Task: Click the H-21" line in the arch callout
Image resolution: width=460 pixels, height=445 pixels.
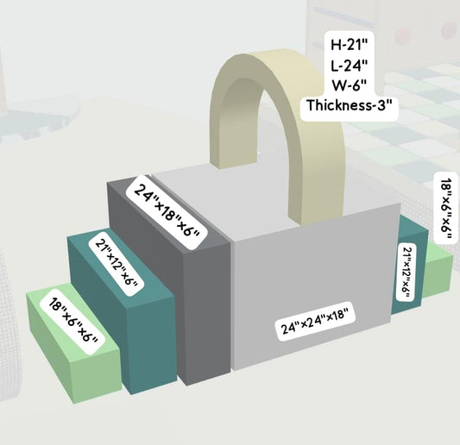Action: (350, 45)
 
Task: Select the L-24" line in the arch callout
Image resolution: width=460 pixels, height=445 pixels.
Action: (350, 66)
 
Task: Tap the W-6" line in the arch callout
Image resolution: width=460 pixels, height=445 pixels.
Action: (350, 85)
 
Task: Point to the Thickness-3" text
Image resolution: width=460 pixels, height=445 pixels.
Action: (350, 105)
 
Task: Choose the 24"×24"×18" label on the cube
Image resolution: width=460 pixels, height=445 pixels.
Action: (315, 321)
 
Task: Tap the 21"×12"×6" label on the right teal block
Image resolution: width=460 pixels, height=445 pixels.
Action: (406, 272)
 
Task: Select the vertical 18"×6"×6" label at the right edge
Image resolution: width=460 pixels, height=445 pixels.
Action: (445, 207)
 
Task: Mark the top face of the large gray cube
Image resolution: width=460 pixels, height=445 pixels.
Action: (264, 203)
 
